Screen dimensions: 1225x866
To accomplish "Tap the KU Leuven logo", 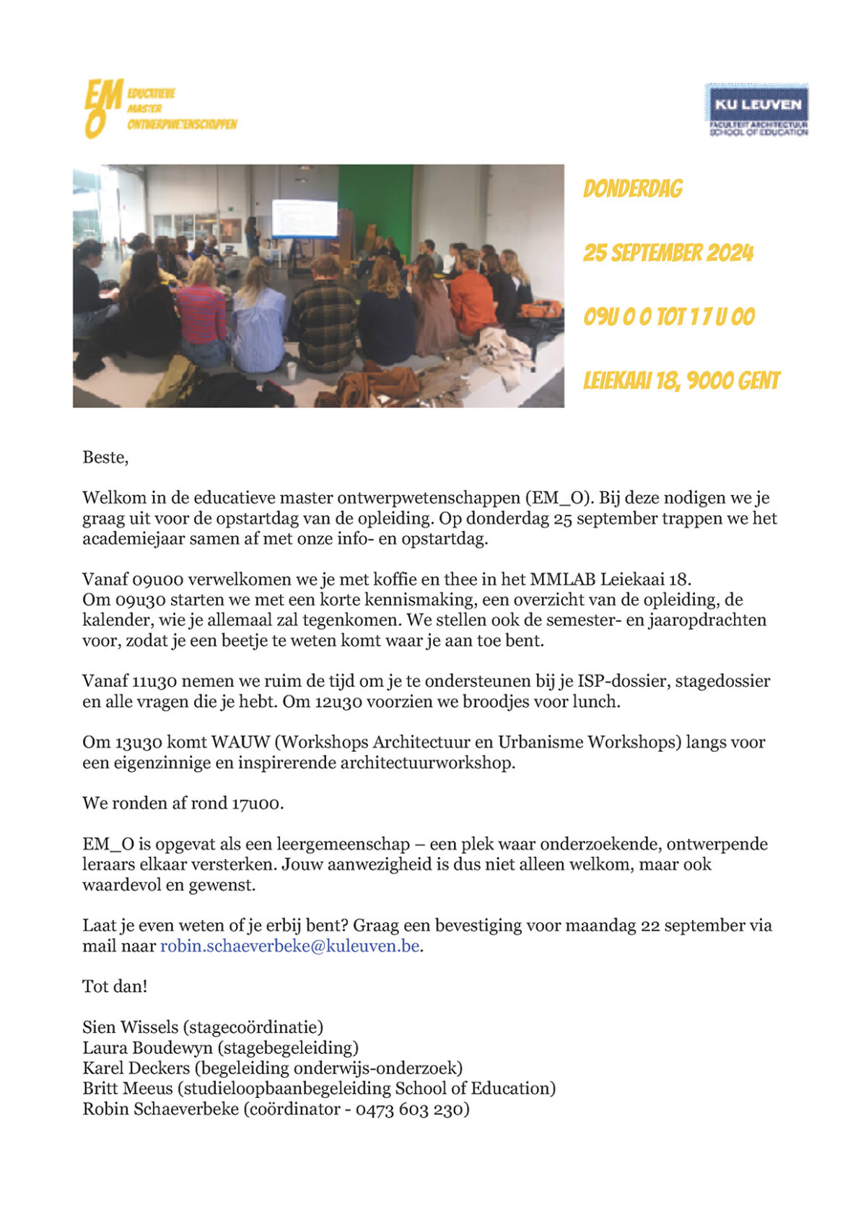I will pyautogui.click(x=756, y=110).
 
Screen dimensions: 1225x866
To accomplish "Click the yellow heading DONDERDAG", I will pyautogui.click(x=632, y=189).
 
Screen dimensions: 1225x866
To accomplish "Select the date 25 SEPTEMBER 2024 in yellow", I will pyautogui.click(x=668, y=253).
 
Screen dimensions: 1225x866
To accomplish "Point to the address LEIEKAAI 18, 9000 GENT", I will pyautogui.click(x=681, y=381).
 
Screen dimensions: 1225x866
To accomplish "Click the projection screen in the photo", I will pyautogui.click(x=304, y=218).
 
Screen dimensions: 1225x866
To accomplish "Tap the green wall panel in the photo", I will pyautogui.click(x=375, y=202).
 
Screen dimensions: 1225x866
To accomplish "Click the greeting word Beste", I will pyautogui.click(x=105, y=457).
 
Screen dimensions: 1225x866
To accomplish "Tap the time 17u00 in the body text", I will pyautogui.click(x=257, y=804).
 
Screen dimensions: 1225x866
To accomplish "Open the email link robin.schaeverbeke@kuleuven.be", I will pyautogui.click(x=289, y=946).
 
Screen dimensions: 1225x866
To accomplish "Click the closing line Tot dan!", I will pyautogui.click(x=115, y=986).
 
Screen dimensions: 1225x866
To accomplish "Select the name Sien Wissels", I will pyautogui.click(x=130, y=1027).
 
